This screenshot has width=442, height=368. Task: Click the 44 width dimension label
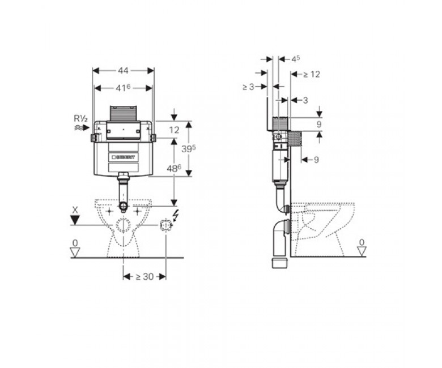123,70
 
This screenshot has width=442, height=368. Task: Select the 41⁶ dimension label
123,88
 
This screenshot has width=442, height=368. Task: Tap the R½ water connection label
80,118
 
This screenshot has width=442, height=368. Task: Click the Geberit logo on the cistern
123,157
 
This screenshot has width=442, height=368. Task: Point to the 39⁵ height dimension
189,149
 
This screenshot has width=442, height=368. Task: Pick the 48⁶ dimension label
174,168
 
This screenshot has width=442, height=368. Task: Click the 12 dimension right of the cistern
174,130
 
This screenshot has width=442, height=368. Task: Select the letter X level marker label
75,210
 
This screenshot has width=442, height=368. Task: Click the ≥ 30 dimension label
144,277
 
